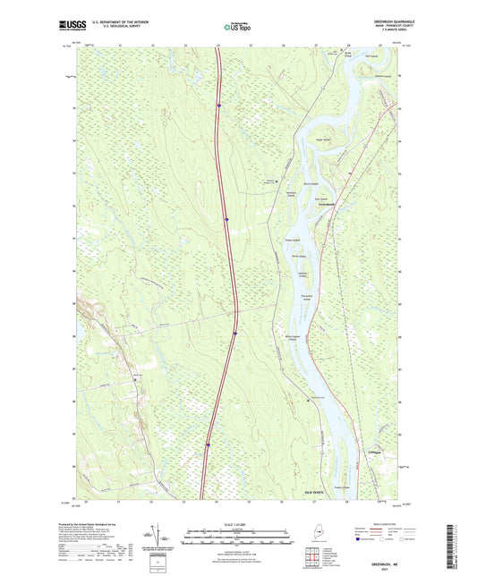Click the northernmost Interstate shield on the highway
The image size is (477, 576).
(x=217, y=105)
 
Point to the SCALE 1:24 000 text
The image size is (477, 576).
(x=239, y=523)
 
